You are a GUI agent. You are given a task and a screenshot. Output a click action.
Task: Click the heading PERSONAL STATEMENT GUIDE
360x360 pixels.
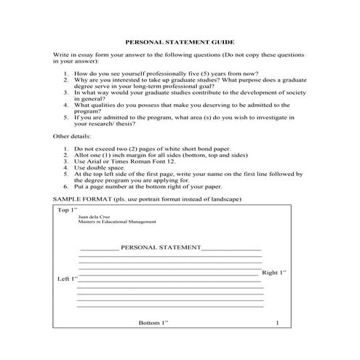tap(180, 43)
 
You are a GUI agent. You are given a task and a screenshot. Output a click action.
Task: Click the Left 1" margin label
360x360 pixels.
tap(67, 279)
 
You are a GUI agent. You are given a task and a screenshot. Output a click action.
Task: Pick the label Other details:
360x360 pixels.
tap(74, 136)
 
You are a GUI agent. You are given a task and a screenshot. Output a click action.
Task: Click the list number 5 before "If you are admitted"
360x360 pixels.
tap(66, 116)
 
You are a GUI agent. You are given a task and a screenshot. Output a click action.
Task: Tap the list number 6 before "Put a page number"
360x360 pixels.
tap(66, 186)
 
